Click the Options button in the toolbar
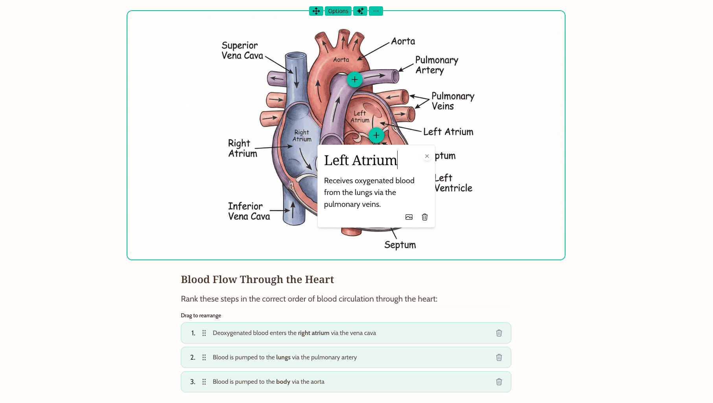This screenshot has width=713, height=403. tap(338, 11)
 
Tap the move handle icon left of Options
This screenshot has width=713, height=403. tap(316, 11)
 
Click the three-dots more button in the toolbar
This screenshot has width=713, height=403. tap(376, 11)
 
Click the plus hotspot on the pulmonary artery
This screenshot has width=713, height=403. tap(354, 80)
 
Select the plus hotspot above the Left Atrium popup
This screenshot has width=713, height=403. tap(376, 136)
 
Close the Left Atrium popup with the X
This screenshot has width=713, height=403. tap(427, 156)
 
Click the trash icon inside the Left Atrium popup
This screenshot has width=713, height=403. tap(425, 217)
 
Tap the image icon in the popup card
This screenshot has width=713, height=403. tap(409, 217)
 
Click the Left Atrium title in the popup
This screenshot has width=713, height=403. tap(360, 160)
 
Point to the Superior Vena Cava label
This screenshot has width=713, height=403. tap(242, 51)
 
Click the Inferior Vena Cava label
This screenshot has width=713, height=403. tap(249, 211)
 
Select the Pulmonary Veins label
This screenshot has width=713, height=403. tap(452, 101)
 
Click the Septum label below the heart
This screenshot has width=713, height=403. tap(400, 245)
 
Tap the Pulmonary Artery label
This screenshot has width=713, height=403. tap(436, 65)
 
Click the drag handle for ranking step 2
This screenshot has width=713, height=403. tap(204, 357)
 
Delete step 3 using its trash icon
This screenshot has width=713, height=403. tap(499, 382)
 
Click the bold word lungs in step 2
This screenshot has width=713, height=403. tap(283, 357)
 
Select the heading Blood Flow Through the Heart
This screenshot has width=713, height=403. tap(257, 280)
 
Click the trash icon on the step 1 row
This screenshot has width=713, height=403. tap(499, 333)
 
